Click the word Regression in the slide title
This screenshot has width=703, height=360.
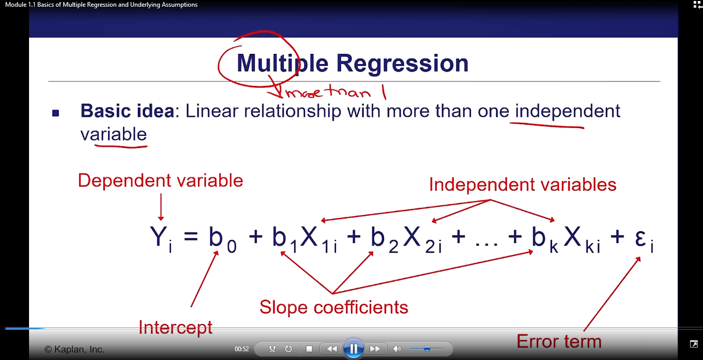point(402,64)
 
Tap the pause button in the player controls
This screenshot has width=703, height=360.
point(354,349)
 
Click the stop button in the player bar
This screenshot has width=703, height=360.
point(309,349)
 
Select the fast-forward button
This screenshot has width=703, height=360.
point(375,349)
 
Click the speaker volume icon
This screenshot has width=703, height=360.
point(397,349)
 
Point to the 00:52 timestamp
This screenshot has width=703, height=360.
point(242,349)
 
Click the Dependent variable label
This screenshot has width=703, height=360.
point(160,181)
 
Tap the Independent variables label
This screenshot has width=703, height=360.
point(523,184)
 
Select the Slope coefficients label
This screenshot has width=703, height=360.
point(333,307)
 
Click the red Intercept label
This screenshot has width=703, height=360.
point(175,327)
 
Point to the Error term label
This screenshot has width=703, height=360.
point(559,341)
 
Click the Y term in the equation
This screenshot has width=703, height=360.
point(161,238)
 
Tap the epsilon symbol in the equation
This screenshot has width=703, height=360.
point(644,240)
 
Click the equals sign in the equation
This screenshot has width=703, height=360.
point(191,236)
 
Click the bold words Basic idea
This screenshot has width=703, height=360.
point(127,111)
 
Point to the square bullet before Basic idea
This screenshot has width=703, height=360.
point(55,113)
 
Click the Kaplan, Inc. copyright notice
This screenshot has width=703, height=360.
point(74,349)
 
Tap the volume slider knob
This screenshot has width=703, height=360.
point(427,349)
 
